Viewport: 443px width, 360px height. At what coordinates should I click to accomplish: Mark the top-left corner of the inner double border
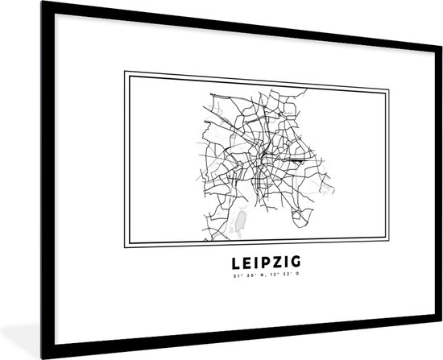click(125, 72)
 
